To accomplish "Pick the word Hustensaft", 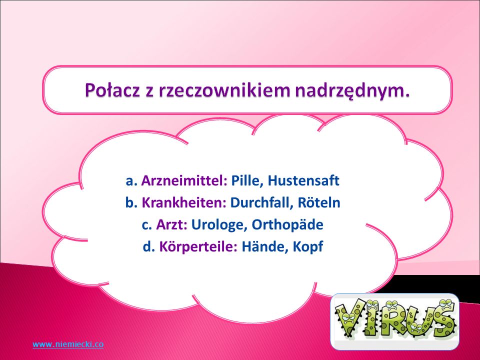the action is pyautogui.click(x=303, y=180).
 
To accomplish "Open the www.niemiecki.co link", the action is pyautogui.click(x=68, y=344).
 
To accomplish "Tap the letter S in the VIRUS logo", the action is pyautogui.click(x=441, y=318).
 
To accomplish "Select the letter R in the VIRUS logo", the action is pyautogui.click(x=391, y=318).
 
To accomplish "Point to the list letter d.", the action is pyautogui.click(x=148, y=246).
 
